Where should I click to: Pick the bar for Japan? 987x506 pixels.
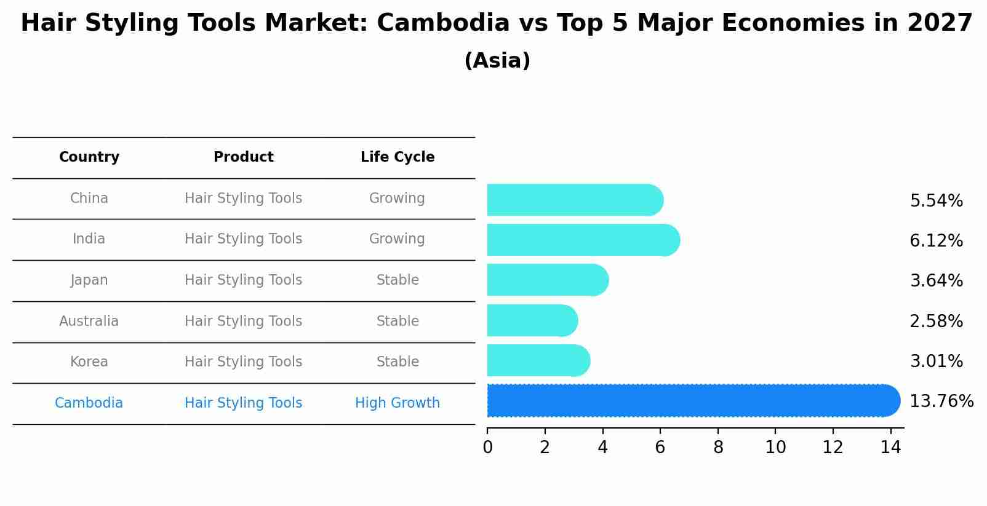547,280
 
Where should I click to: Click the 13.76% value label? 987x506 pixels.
941,401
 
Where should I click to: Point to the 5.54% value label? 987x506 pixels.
936,201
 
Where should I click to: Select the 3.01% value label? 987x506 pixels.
936,362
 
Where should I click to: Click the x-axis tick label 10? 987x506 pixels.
775,448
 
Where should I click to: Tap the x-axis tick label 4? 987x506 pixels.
602,448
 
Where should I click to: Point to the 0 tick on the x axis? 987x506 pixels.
487,448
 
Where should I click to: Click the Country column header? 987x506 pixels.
89,157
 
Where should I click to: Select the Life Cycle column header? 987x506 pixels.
398,157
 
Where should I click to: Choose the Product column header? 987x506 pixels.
243,157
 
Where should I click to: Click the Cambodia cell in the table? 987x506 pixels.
89,403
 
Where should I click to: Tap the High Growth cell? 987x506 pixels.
398,403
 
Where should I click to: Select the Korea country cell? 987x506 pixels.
89,362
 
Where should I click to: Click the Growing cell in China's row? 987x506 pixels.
397,199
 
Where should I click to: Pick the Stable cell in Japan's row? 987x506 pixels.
398,280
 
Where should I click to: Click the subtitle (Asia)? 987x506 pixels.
497,61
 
